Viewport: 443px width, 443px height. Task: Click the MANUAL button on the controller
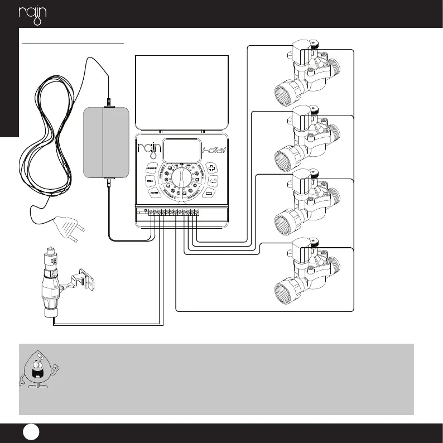click(x=151, y=168)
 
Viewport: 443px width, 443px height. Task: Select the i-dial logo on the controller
click(x=213, y=150)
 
